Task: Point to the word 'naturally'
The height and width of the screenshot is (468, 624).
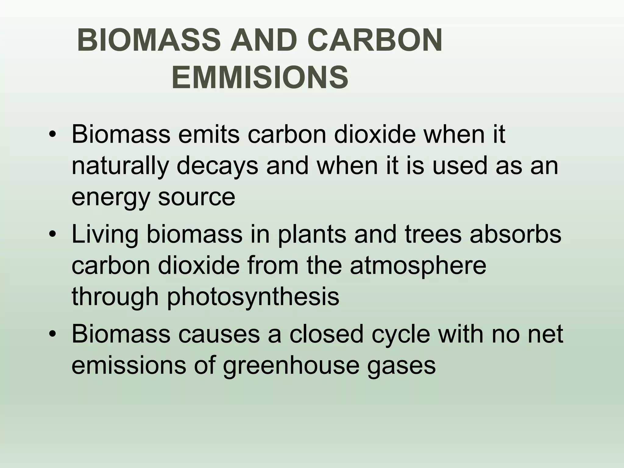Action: click(x=120, y=166)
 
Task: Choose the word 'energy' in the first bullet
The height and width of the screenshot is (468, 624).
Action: click(x=110, y=197)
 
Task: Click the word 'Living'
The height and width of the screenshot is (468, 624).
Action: click(x=105, y=234)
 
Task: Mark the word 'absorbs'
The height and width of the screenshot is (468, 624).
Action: click(x=516, y=234)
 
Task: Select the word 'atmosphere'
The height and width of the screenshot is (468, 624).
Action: click(x=418, y=266)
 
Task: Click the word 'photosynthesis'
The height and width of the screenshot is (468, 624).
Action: click(x=253, y=297)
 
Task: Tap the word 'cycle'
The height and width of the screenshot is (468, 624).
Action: click(x=401, y=334)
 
